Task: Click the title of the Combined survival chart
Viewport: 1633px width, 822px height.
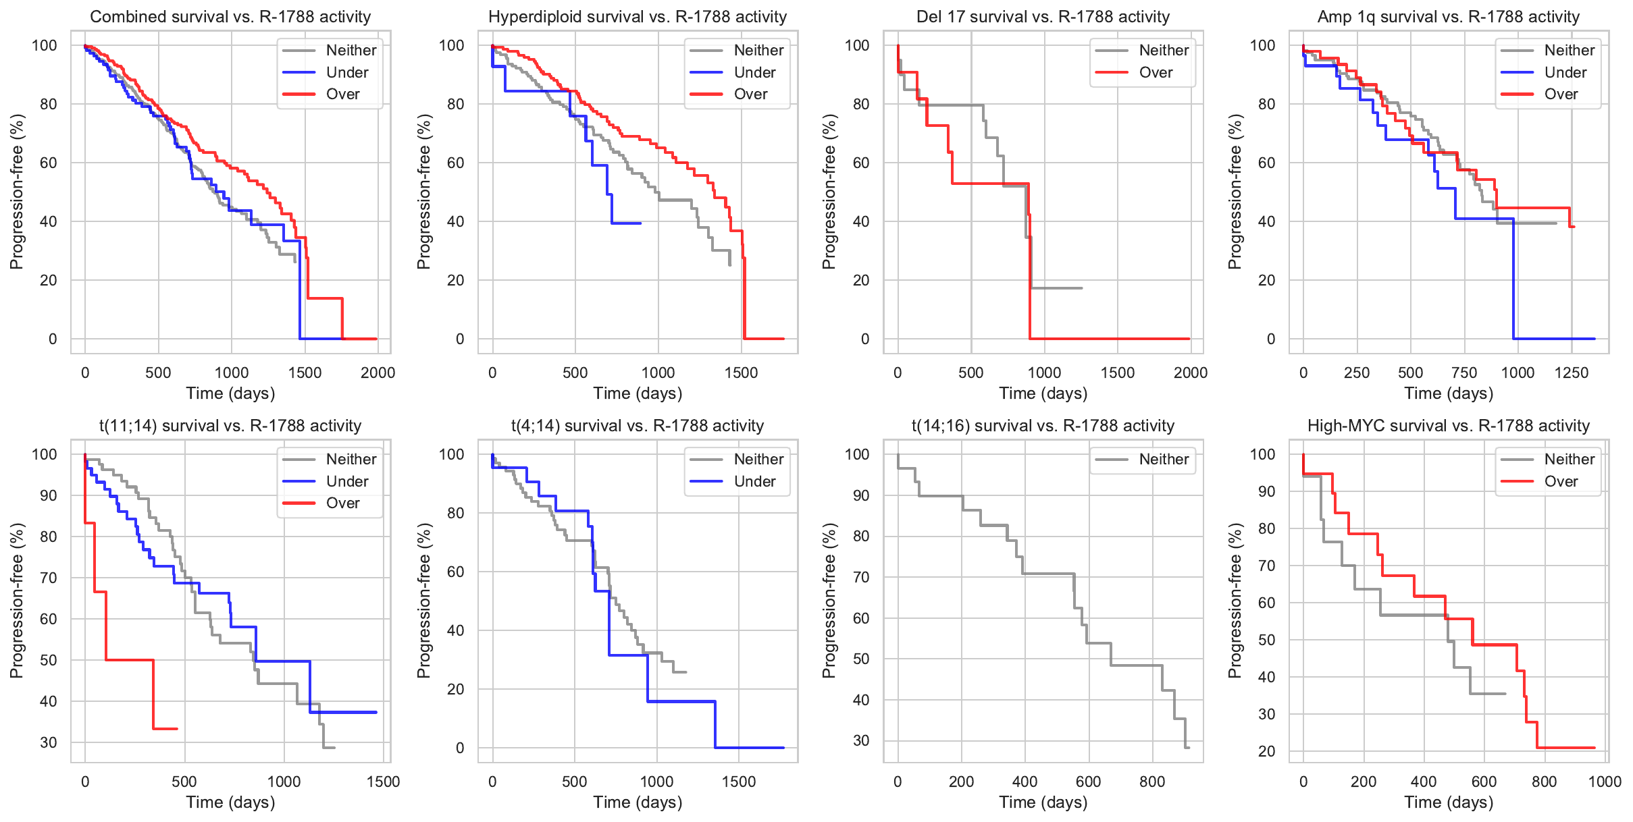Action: click(230, 17)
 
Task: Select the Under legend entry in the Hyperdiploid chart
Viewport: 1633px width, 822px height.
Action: click(754, 72)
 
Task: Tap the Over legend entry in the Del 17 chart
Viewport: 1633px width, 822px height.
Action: click(1155, 72)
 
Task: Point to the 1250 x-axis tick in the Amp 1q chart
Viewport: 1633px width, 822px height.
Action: click(1572, 373)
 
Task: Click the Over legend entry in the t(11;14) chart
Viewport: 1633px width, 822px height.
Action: click(342, 503)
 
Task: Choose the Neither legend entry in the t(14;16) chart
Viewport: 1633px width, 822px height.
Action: click(1163, 460)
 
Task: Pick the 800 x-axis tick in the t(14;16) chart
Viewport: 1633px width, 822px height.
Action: click(1152, 782)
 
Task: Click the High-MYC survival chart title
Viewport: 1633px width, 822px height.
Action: click(1449, 426)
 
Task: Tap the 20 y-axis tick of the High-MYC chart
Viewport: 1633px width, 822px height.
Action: click(1266, 751)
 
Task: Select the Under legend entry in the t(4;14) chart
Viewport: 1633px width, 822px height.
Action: click(754, 481)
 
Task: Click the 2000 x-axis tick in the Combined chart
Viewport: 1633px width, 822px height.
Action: click(378, 373)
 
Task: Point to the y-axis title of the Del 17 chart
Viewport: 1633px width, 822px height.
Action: click(829, 192)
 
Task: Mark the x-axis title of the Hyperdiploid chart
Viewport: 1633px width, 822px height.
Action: click(638, 393)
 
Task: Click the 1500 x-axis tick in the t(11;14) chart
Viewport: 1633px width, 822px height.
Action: click(383, 782)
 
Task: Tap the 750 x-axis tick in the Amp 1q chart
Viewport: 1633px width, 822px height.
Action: click(1464, 373)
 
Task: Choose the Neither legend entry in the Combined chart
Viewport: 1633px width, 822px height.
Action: click(351, 50)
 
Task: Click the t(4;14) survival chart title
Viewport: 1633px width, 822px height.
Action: click(638, 426)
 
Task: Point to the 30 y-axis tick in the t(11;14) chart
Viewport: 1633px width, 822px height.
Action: click(49, 742)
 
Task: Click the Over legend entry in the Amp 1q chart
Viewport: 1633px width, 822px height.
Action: click(1560, 94)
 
